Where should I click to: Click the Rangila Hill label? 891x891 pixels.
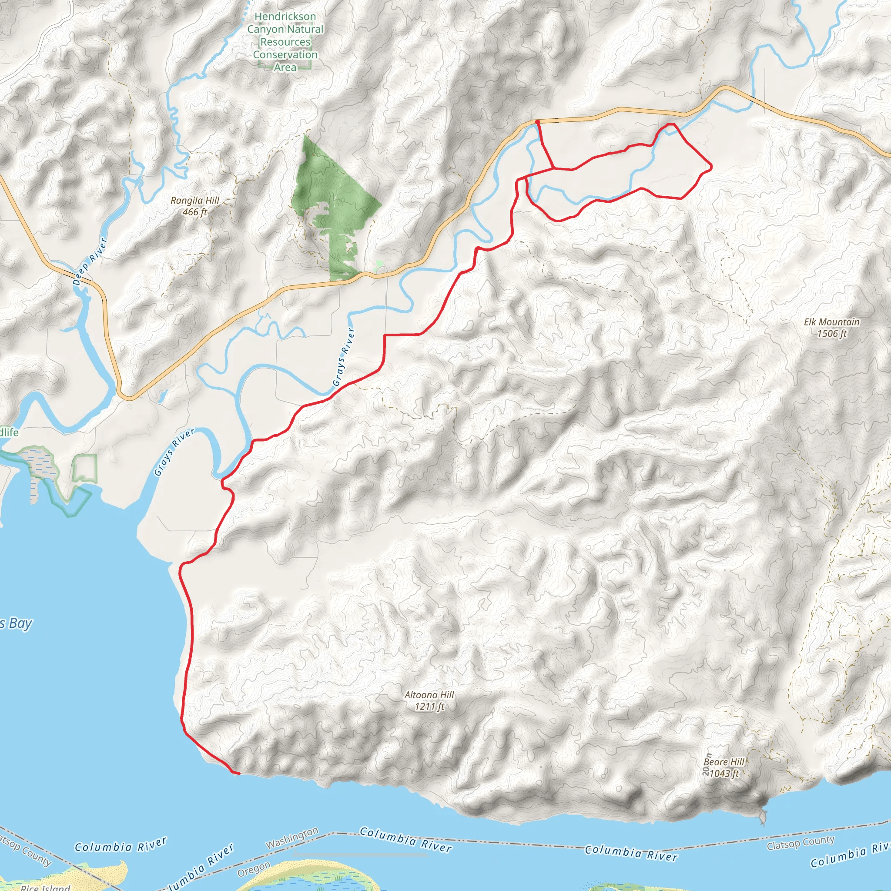194,201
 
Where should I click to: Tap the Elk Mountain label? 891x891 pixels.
831,322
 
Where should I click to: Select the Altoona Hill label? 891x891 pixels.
429,694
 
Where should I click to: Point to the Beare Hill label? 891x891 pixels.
724,762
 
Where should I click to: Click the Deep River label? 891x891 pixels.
90,261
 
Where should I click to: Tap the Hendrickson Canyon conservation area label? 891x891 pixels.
285,41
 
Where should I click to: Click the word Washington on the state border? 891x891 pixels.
292,838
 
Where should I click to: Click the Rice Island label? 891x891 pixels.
46,887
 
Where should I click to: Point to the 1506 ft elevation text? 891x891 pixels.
831,333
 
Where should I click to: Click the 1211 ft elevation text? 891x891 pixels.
429,706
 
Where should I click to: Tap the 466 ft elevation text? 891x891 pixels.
194,212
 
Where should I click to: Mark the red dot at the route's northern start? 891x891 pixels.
537,122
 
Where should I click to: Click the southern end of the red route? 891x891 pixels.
238,774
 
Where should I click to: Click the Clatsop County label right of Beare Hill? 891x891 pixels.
800,843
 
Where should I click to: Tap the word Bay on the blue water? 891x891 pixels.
20,623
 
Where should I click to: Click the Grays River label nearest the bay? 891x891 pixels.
174,452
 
